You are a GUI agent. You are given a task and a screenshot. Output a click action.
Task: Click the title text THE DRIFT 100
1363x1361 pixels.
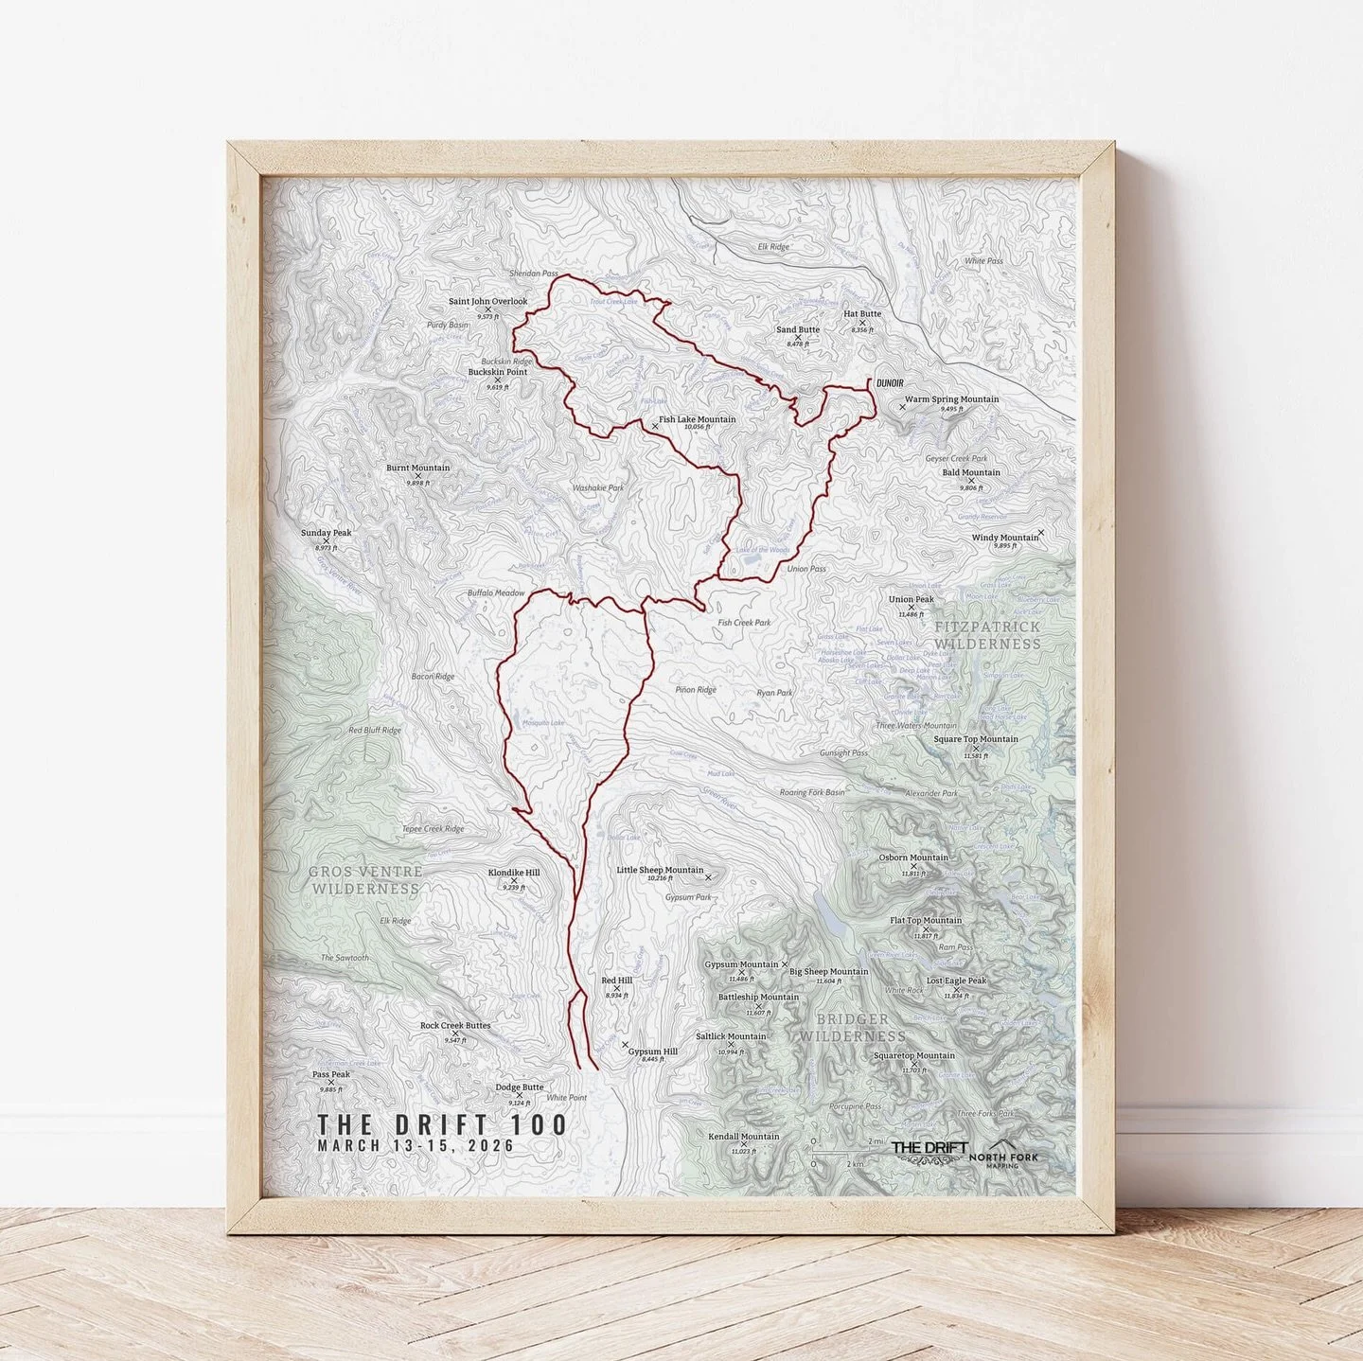442,1124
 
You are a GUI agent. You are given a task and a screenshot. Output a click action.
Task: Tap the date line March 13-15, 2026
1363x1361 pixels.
416,1145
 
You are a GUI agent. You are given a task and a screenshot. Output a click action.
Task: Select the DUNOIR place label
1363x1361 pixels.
890,382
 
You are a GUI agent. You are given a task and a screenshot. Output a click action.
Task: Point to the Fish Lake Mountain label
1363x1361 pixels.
697,419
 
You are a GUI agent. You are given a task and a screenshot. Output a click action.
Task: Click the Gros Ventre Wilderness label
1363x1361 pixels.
364,880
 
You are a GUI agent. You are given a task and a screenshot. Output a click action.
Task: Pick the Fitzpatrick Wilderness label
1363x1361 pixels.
987,635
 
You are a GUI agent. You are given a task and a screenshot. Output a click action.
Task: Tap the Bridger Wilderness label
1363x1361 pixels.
853,1027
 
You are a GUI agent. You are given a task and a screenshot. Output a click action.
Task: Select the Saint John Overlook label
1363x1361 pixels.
487,302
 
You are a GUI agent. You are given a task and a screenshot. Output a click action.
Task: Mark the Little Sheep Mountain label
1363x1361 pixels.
660,870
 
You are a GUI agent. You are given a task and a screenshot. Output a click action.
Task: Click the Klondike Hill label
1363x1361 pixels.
514,873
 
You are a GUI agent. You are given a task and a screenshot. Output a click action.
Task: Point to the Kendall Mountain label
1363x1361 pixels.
744,1137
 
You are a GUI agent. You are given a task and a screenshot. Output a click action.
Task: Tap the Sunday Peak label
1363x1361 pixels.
326,533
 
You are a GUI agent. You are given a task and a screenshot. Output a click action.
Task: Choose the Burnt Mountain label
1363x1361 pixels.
417,468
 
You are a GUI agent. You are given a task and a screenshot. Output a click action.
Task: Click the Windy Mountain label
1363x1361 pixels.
1005,538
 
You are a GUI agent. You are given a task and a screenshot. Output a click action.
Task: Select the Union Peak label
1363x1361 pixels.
911,599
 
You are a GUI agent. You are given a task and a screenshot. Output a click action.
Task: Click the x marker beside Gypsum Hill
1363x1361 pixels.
625,1045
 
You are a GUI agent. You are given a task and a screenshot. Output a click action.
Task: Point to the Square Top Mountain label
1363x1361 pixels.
976,739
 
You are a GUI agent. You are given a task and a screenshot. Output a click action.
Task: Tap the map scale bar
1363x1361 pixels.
849,1152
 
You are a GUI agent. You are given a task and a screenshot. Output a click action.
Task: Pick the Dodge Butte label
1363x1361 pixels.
519,1087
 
